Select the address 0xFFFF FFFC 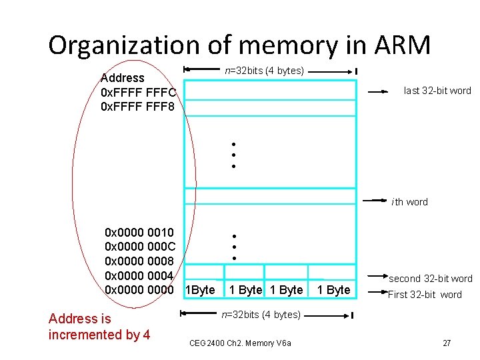[x=138, y=92]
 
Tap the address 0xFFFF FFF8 [x=137, y=106]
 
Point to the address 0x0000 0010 [x=139, y=233]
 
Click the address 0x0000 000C [x=139, y=247]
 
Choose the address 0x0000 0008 [x=139, y=261]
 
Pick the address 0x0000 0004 [x=139, y=275]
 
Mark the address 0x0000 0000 [x=139, y=290]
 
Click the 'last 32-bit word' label [x=437, y=91]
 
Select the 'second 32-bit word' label [x=430, y=279]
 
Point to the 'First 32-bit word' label [x=425, y=294]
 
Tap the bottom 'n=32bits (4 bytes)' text [x=261, y=314]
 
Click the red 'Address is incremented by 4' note [x=99, y=327]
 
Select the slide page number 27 [x=447, y=343]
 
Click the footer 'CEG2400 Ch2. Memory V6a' [x=240, y=343]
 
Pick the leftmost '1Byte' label [x=199, y=290]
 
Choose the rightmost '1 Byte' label [x=333, y=290]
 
